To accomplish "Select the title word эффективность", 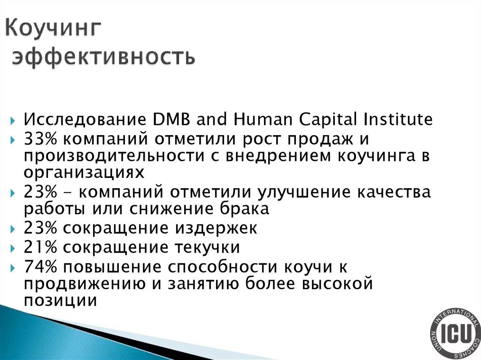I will [103, 57].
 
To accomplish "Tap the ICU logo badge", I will [455, 335].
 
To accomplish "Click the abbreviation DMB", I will [170, 119].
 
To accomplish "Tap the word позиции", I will [61, 300].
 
